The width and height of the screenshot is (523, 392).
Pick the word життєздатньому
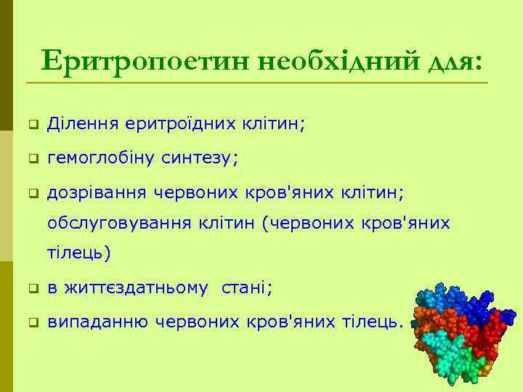click(x=137, y=287)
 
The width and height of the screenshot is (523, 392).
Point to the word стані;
click(x=247, y=287)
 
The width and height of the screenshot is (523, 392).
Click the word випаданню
click(x=92, y=321)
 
